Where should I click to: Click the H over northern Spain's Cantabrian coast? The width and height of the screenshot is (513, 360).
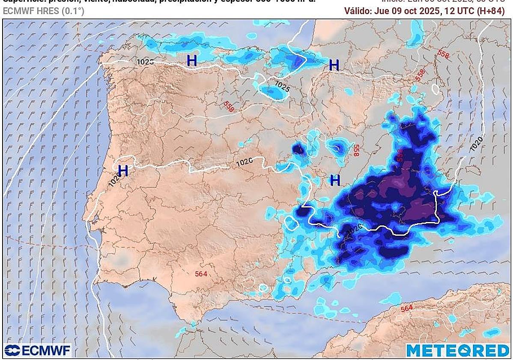click(192, 61)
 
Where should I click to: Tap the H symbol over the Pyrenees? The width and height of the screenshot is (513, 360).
click(334, 66)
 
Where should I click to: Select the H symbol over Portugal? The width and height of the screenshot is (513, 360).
click(123, 171)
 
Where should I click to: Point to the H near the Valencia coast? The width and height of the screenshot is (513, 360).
click(335, 180)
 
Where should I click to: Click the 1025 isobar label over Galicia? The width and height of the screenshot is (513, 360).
click(145, 62)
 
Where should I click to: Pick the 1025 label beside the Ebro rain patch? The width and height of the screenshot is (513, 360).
click(282, 87)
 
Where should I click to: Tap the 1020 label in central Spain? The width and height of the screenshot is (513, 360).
click(244, 162)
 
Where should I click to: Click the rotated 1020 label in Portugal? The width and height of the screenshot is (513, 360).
click(114, 179)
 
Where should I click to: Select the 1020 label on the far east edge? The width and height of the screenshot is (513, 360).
click(477, 143)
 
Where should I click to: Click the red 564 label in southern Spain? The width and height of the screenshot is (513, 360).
click(201, 273)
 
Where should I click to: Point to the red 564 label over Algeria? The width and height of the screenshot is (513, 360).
click(407, 308)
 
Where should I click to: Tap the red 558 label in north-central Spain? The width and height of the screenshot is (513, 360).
click(229, 107)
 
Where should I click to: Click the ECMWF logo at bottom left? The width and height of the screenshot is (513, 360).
click(37, 350)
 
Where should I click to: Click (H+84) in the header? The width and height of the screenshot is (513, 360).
click(491, 11)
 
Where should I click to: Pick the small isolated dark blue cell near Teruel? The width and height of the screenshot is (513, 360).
click(298, 149)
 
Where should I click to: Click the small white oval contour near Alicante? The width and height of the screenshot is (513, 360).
click(292, 223)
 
